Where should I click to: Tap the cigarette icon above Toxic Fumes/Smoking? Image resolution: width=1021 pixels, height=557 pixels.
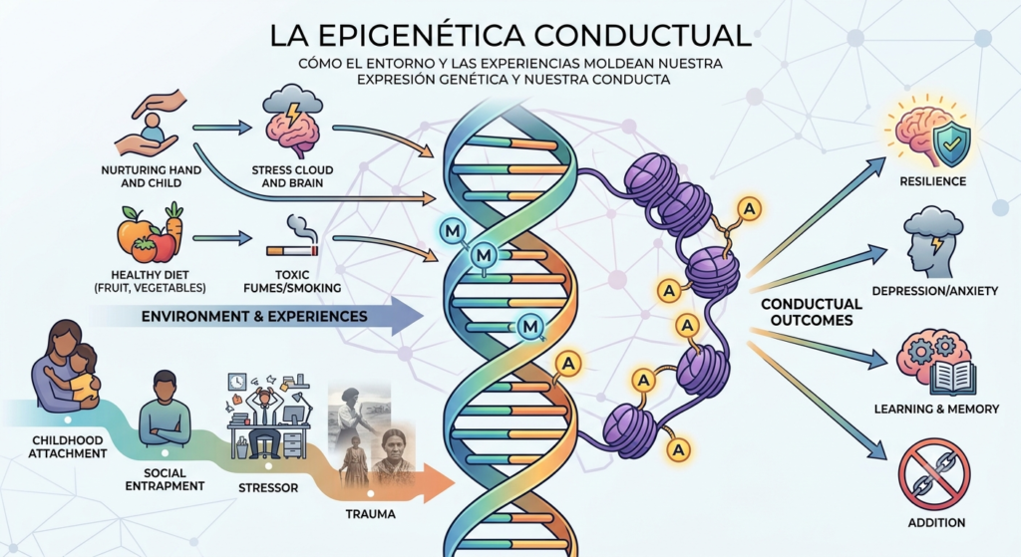pyautogui.click(x=292, y=250)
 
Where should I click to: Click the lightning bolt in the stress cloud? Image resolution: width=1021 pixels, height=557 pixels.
pyautogui.click(x=294, y=114)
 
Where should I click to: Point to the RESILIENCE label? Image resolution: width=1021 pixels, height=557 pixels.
pyautogui.click(x=932, y=181)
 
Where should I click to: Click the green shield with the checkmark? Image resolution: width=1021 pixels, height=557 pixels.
pyautogui.click(x=950, y=145)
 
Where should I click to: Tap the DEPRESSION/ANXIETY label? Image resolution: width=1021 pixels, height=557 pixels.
pyautogui.click(x=934, y=291)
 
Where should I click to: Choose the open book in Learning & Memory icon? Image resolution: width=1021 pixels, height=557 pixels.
pyautogui.click(x=952, y=378)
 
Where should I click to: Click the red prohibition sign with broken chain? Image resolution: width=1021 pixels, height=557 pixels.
pyautogui.click(x=933, y=473)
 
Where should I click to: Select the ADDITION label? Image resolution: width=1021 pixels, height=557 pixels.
pyautogui.click(x=936, y=522)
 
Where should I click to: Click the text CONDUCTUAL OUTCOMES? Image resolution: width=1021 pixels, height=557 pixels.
pyautogui.click(x=811, y=312)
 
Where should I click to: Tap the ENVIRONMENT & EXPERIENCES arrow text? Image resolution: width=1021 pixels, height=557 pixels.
pyautogui.click(x=254, y=317)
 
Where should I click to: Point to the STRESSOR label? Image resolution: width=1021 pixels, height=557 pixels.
pyautogui.click(x=268, y=487)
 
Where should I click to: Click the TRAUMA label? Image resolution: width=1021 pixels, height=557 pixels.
pyautogui.click(x=371, y=514)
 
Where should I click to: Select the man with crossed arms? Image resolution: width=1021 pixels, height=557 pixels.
pyautogui.click(x=165, y=409)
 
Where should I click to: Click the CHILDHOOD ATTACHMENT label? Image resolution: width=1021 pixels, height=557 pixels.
pyautogui.click(x=68, y=447)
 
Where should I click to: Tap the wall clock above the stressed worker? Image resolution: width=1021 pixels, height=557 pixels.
pyautogui.click(x=237, y=382)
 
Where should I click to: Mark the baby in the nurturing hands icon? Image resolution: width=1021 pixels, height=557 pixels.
pyautogui.click(x=152, y=129)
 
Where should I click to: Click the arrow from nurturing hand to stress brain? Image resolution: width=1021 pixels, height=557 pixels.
pyautogui.click(x=222, y=128)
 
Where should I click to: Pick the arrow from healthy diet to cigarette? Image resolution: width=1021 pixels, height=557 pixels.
pyautogui.click(x=222, y=239)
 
